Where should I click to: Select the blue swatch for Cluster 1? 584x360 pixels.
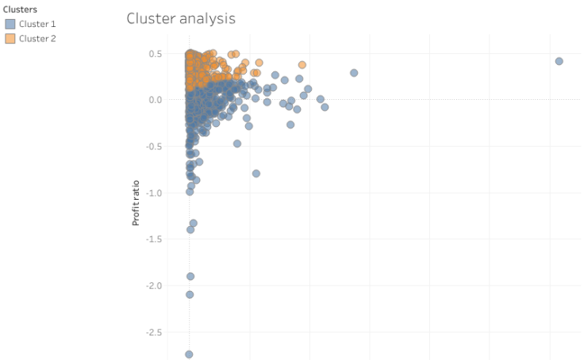tap(10, 25)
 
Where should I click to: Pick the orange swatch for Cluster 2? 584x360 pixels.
tap(10, 38)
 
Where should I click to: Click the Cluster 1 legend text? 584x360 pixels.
tap(37, 25)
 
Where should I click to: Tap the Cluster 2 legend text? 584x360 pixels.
tap(37, 38)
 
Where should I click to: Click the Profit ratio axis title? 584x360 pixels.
tap(136, 201)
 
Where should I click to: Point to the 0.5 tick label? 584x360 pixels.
tap(155, 54)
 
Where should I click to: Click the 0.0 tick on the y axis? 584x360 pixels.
tap(155, 100)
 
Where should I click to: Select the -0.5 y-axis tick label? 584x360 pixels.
tap(153, 147)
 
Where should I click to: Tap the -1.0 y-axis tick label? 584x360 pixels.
tap(153, 193)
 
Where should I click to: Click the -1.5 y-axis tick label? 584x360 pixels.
tap(153, 239)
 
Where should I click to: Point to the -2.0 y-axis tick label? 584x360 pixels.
tap(153, 286)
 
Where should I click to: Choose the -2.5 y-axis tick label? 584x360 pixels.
tap(153, 332)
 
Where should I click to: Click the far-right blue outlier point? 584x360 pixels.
tap(559, 61)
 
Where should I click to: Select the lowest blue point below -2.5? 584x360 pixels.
tap(189, 354)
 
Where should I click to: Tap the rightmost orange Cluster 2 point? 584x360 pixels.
tap(302, 65)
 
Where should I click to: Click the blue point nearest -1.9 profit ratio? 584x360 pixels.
tap(190, 276)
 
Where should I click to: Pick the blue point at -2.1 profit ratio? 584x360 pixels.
tap(190, 294)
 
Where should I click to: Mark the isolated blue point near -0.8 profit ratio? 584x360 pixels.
tap(256, 173)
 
